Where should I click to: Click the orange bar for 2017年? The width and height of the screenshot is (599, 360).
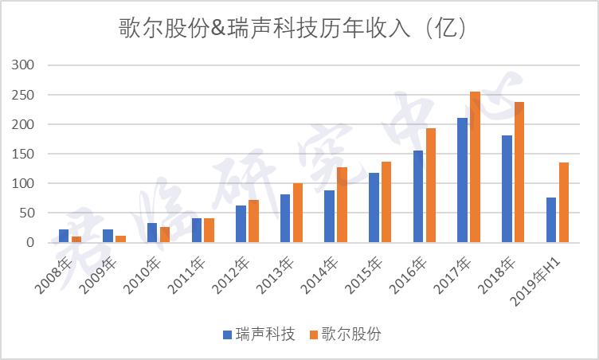click(475, 167)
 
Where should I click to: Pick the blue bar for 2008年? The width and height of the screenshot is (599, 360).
click(64, 236)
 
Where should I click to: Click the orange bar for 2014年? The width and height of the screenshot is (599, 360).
click(342, 205)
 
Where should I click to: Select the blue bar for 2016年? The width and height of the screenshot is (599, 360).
click(418, 197)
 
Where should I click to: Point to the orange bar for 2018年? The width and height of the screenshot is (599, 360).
click(519, 172)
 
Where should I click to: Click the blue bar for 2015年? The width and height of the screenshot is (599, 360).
click(374, 207)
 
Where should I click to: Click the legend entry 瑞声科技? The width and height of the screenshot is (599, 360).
click(259, 335)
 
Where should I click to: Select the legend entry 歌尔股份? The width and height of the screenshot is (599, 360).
click(345, 335)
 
